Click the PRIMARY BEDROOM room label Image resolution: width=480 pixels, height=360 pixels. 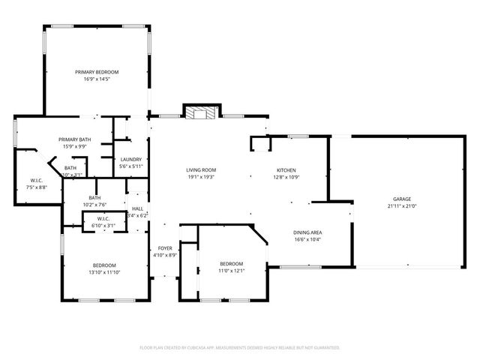(x=97, y=72)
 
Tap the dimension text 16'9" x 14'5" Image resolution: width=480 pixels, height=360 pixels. (x=97, y=79)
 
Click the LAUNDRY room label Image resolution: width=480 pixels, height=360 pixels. (x=130, y=159)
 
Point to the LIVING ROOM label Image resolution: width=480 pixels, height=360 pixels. (x=201, y=170)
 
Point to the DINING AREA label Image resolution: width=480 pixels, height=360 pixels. (x=307, y=232)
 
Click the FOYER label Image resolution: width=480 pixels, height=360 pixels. (x=164, y=248)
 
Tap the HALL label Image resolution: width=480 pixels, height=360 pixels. (x=138, y=208)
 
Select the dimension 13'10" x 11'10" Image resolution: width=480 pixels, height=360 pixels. (x=104, y=272)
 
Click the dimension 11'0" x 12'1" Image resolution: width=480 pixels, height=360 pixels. (x=231, y=271)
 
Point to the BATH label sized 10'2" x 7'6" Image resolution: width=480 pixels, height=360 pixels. (x=94, y=198)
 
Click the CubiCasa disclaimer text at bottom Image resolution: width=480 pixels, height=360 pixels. (x=240, y=348)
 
